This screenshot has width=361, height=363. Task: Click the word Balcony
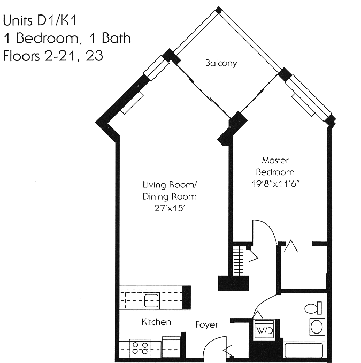pos(221,63)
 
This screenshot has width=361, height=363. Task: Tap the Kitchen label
pos(156,322)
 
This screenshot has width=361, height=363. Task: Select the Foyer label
pos(206,324)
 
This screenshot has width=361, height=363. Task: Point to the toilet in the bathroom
pos(312,308)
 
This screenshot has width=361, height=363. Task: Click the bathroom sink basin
pos(317,326)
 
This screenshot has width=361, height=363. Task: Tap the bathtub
pos(303,351)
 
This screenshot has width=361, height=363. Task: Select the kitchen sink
pos(152,300)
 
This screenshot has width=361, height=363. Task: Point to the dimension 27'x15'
pos(170,208)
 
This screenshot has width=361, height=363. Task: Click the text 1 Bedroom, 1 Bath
pos(67,39)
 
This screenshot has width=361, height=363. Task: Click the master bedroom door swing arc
pos(265,227)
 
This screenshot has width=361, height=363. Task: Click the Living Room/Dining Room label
pos(170,190)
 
